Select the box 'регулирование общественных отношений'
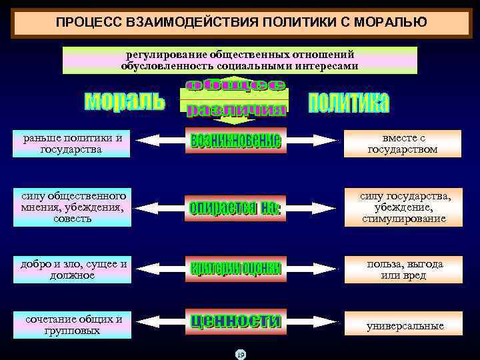240,60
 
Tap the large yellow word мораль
124,101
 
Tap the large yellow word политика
349,103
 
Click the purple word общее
235,85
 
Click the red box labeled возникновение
235,141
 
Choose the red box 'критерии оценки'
235,269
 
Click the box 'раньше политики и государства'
72,143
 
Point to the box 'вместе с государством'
403,143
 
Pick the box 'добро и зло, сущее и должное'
72,269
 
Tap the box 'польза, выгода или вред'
403,269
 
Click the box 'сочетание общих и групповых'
72,325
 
